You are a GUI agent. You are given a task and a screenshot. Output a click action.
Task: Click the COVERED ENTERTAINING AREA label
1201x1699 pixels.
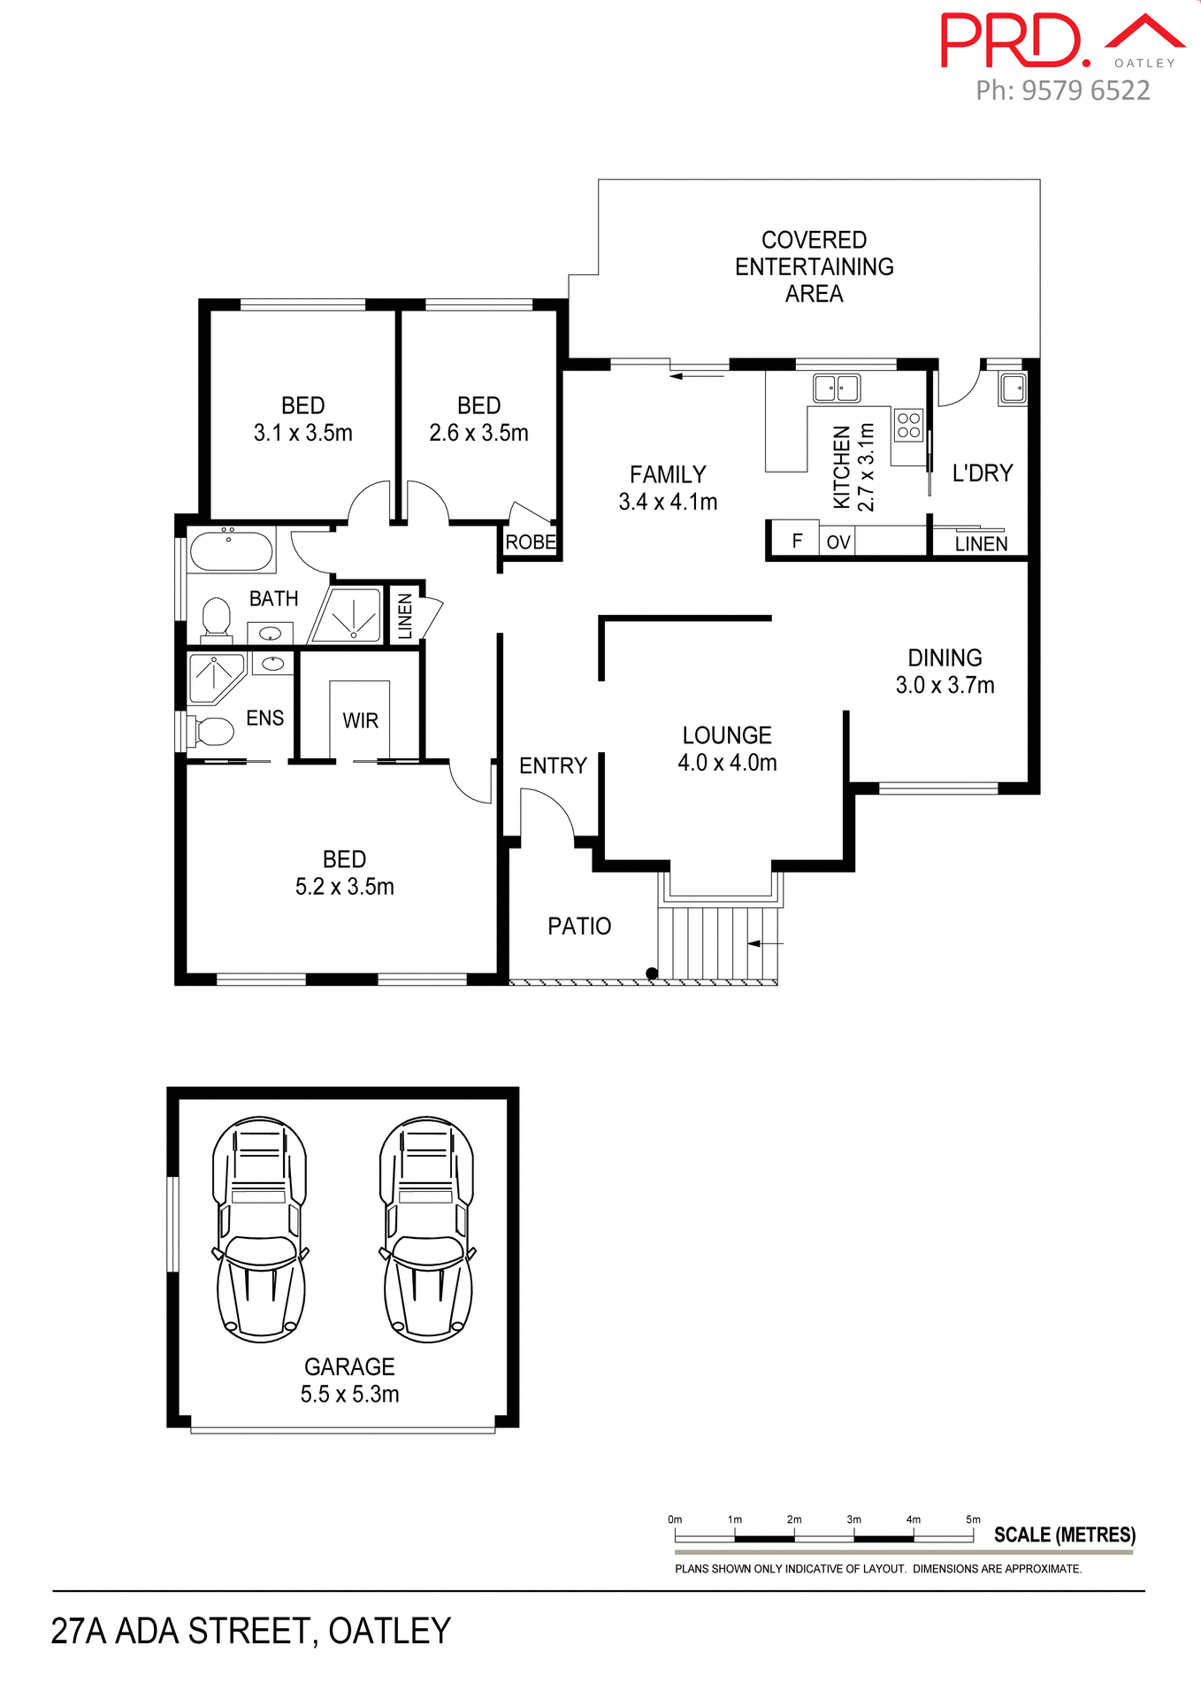click(814, 266)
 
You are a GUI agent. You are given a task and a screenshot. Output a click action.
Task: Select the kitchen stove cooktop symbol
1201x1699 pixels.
click(908, 425)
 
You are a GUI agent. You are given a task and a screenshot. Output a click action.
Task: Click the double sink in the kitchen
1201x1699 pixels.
click(837, 388)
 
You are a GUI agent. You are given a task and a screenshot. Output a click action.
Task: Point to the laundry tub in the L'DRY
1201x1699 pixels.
click(1013, 388)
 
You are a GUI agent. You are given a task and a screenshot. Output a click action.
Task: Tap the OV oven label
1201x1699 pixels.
click(838, 542)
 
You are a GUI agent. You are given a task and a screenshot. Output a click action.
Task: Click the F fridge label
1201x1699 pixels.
click(797, 541)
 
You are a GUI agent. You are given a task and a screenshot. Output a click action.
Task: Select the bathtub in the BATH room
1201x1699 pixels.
click(232, 550)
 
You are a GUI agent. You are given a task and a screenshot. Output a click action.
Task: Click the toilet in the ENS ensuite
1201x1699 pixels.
click(210, 731)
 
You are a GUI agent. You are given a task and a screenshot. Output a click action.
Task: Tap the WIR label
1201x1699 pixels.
click(360, 720)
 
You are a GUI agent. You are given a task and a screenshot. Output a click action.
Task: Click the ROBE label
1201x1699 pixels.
click(531, 542)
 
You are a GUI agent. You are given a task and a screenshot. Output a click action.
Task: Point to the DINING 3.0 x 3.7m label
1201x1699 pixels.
click(945, 671)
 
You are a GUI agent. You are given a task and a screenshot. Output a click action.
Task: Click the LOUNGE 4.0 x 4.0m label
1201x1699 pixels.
click(727, 749)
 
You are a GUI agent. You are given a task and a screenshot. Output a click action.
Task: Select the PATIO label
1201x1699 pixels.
click(579, 926)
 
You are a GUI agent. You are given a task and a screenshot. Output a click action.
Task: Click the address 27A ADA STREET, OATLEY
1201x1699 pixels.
click(251, 1631)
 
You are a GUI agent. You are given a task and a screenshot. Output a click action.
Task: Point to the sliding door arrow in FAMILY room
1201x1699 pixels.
click(697, 376)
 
